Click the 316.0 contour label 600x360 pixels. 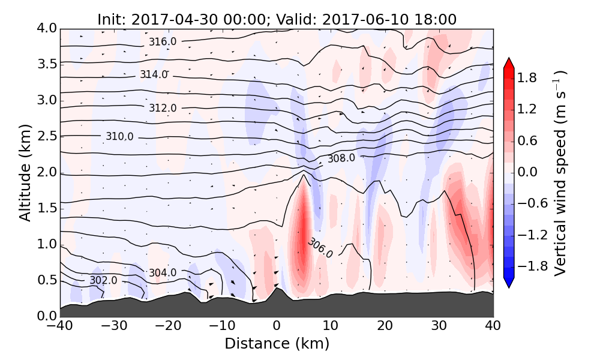tap(163, 41)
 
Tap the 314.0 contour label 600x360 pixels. tap(154, 74)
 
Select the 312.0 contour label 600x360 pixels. tap(163, 108)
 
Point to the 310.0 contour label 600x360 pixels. tap(119, 137)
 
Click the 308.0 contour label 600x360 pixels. tap(341, 159)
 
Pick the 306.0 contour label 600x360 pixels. tap(320, 247)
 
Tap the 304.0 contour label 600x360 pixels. tap(163, 273)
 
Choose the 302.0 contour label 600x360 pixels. tap(103, 280)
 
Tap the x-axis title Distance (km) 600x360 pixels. tap(277, 344)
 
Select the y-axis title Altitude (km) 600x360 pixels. tap(25, 173)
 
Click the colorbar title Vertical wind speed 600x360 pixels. tap(560, 173)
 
